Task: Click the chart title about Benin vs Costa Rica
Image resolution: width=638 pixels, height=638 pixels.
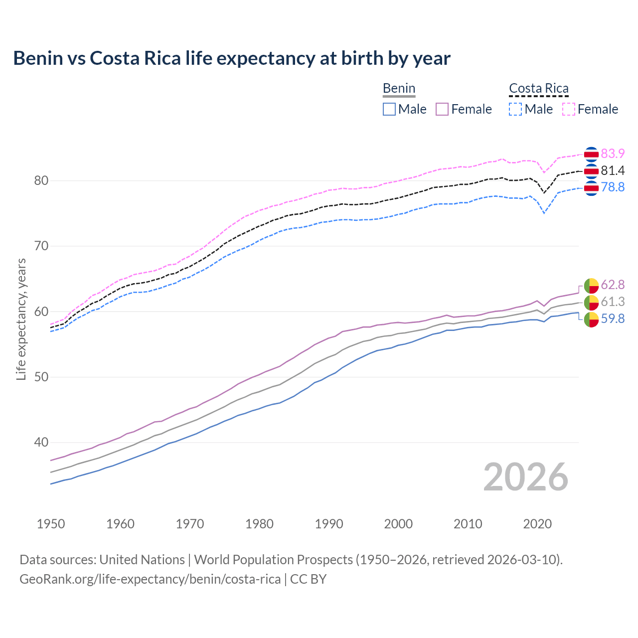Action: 232,58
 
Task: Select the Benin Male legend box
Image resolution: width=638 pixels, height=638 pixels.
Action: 389,109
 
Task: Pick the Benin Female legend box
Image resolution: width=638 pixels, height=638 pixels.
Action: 442,109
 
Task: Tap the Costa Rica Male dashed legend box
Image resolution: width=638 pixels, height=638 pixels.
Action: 515,109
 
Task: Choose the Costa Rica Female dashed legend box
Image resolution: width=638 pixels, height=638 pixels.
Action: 569,109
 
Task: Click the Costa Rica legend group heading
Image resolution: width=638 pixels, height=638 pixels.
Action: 538,89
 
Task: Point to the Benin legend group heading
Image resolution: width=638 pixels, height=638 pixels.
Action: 399,89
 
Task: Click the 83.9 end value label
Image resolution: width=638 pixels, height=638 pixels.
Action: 613,154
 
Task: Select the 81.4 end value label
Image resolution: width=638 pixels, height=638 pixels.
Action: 613,170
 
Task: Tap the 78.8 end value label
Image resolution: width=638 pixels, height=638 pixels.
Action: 613,187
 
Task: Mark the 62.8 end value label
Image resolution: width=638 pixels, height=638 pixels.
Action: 613,285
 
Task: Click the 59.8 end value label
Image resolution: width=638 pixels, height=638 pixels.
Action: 613,319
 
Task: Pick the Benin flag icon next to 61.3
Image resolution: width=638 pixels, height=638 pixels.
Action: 591,302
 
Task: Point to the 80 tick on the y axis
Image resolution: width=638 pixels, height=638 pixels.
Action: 41,180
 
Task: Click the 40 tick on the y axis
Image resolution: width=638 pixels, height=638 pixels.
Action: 41,442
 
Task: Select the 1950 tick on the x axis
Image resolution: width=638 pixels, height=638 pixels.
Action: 51,524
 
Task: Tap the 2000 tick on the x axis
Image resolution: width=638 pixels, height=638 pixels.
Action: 398,524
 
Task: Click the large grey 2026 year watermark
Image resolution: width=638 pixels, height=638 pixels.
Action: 526,477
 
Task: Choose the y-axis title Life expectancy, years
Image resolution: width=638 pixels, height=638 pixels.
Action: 21,319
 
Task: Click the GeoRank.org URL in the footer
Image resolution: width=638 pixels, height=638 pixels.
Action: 150,579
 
